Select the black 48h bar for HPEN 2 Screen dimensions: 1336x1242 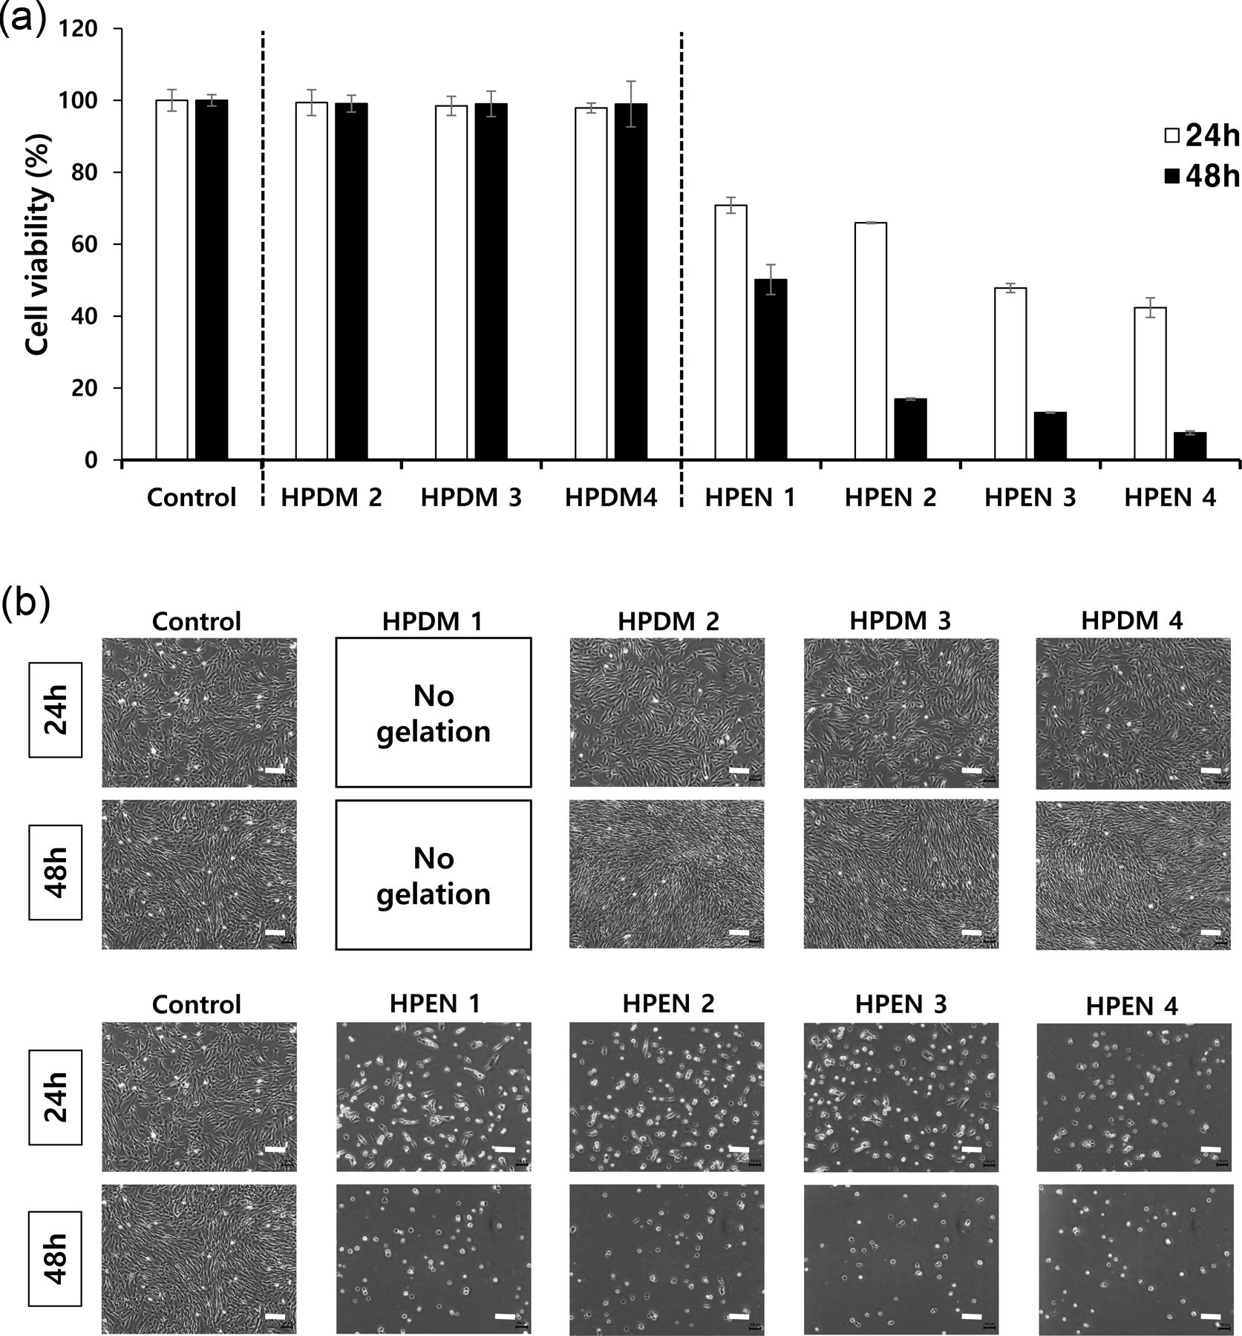(910, 430)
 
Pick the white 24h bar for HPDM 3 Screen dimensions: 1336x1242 (451, 283)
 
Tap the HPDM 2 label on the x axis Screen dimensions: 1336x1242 (331, 497)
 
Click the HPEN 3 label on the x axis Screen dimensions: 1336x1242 (1030, 497)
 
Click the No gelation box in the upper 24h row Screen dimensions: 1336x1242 (434, 713)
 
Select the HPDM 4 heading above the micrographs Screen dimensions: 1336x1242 (1131, 620)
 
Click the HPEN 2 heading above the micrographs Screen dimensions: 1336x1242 (668, 1004)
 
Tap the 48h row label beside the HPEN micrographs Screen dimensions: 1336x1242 (56, 1259)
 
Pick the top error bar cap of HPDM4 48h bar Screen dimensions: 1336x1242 (630, 81)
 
